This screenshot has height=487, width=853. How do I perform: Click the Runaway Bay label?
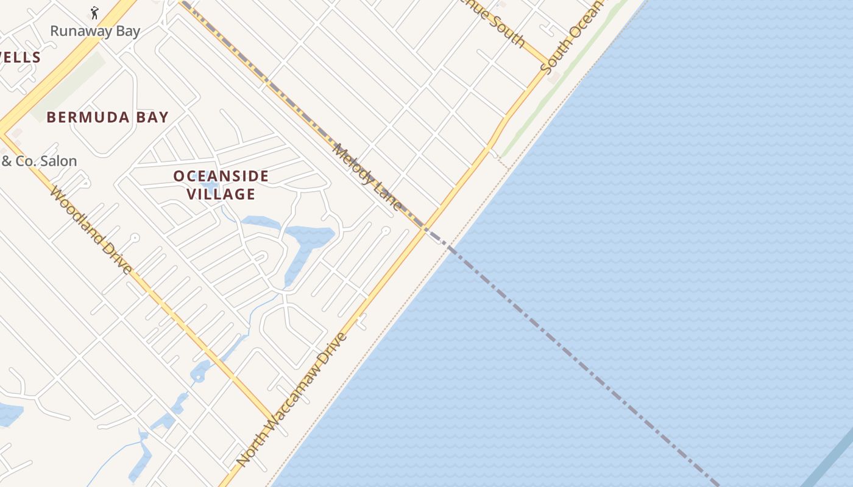(95, 31)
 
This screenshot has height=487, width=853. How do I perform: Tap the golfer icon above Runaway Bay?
(94, 13)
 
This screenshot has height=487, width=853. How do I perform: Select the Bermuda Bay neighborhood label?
(107, 117)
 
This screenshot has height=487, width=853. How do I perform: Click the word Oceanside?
(221, 177)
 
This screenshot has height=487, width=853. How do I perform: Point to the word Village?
(221, 194)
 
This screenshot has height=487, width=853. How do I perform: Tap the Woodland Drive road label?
(91, 229)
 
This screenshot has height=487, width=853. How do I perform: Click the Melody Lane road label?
(368, 177)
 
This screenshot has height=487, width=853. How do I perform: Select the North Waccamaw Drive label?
(292, 400)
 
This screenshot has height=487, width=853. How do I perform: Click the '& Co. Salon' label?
(39, 161)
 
